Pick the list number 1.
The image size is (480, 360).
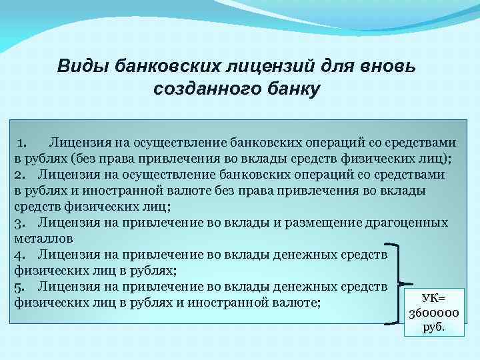(x=22, y=142)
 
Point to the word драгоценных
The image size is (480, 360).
(x=406, y=222)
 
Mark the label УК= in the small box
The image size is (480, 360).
(x=432, y=298)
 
